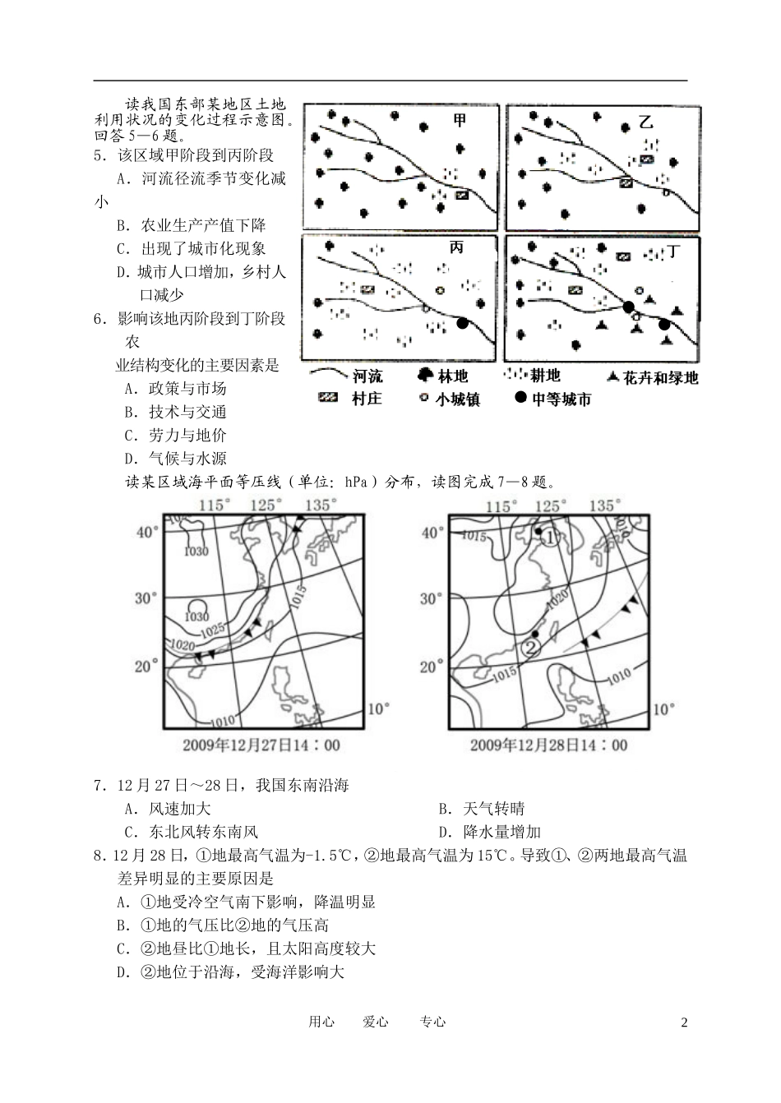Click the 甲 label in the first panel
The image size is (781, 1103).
[460, 121]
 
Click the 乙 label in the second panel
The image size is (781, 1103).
[645, 122]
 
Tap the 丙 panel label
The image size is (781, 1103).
[457, 247]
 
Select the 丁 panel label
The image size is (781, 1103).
[673, 252]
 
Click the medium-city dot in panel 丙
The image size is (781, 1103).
[463, 324]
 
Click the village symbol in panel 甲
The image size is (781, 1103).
[461, 195]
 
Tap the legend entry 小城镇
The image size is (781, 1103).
[449, 399]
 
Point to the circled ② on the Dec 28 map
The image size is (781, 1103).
[532, 648]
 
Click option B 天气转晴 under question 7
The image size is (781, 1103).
[482, 809]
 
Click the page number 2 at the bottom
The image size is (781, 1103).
[683, 1022]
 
